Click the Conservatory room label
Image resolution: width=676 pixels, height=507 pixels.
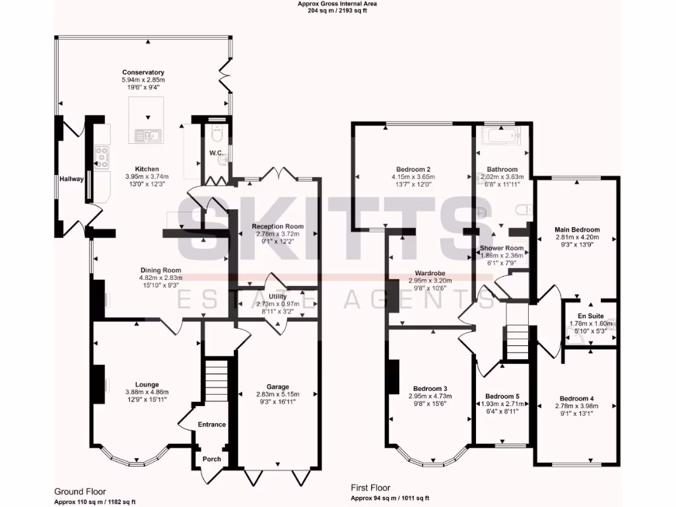click(x=143, y=73)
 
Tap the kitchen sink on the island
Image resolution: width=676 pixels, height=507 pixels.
click(x=147, y=136)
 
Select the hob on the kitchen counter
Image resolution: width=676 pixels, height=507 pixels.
click(x=103, y=156)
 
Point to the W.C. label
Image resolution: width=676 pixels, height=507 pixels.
click(x=215, y=154)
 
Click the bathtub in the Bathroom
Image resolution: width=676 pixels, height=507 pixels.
click(x=501, y=137)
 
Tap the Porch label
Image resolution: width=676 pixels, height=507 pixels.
click(x=211, y=459)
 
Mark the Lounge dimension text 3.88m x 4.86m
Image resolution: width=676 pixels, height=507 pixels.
click(x=147, y=392)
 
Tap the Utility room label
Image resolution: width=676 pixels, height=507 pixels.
click(x=277, y=298)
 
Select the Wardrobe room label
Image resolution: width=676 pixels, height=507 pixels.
click(x=428, y=272)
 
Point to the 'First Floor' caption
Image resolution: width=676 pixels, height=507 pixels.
click(x=370, y=489)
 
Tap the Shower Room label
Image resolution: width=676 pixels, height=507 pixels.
click(x=501, y=248)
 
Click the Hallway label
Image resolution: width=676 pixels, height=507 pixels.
click(x=71, y=179)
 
